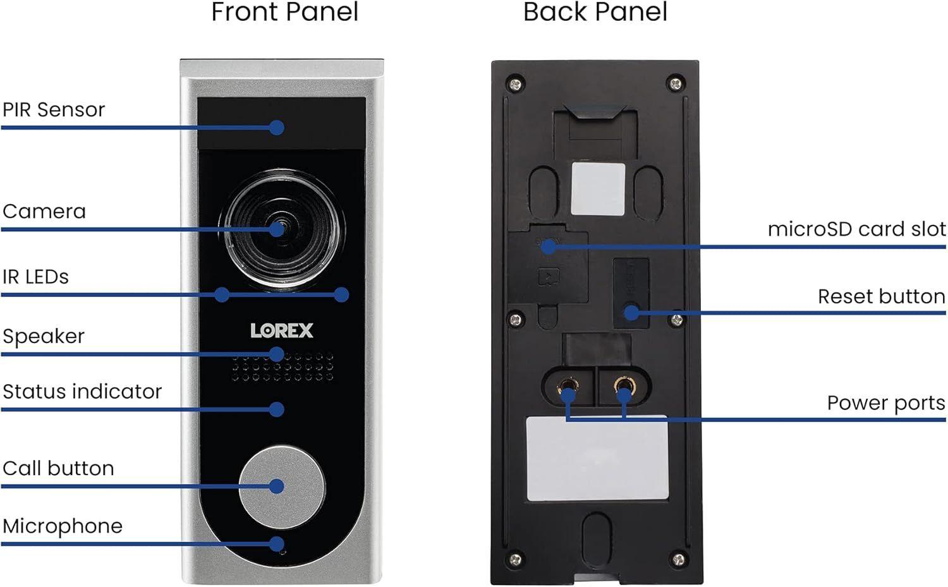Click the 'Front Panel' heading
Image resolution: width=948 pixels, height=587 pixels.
point(284,13)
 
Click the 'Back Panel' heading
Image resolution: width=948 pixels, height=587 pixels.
point(595,13)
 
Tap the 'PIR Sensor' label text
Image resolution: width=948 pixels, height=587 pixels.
point(54,110)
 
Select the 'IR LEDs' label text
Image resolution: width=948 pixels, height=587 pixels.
point(35,277)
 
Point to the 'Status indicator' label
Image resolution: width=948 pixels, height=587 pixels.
point(82,392)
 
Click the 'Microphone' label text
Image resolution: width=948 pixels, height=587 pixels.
point(63,526)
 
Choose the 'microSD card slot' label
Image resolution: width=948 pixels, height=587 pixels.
point(856,229)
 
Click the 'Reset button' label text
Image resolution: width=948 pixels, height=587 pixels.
point(881,296)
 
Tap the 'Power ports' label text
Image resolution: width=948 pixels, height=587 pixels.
point(885,403)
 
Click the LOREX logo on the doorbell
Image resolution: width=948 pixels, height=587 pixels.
point(282,330)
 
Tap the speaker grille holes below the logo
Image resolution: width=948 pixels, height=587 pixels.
point(282,368)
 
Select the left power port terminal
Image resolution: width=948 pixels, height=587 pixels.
point(567,386)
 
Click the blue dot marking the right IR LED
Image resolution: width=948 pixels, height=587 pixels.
point(341,294)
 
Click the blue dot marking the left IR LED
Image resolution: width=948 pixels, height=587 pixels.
point(222,294)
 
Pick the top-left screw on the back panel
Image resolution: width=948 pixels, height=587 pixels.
point(516,83)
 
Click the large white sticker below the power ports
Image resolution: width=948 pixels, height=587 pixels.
point(597,459)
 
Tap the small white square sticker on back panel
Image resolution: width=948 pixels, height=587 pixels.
point(598,189)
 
